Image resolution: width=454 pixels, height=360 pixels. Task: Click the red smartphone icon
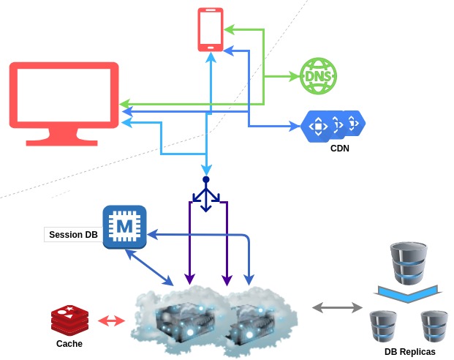tap(210, 29)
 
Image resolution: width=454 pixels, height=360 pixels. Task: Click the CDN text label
tap(340, 149)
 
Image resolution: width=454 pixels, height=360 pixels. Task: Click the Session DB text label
tap(73, 236)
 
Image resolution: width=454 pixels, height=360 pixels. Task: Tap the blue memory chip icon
tap(125, 228)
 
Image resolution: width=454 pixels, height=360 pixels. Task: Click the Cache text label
tap(69, 344)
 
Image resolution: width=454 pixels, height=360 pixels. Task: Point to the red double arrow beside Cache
tap(112, 320)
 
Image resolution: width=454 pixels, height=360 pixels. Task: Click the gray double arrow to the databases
tap(338, 307)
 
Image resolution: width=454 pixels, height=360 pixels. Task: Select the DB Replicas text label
tap(410, 352)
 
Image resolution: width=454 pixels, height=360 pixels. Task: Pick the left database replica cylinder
tap(383, 326)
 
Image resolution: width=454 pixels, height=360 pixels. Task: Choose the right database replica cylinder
tap(434, 326)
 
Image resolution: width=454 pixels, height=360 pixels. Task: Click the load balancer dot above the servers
tap(206, 179)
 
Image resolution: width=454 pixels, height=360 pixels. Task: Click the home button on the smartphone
tap(210, 45)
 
